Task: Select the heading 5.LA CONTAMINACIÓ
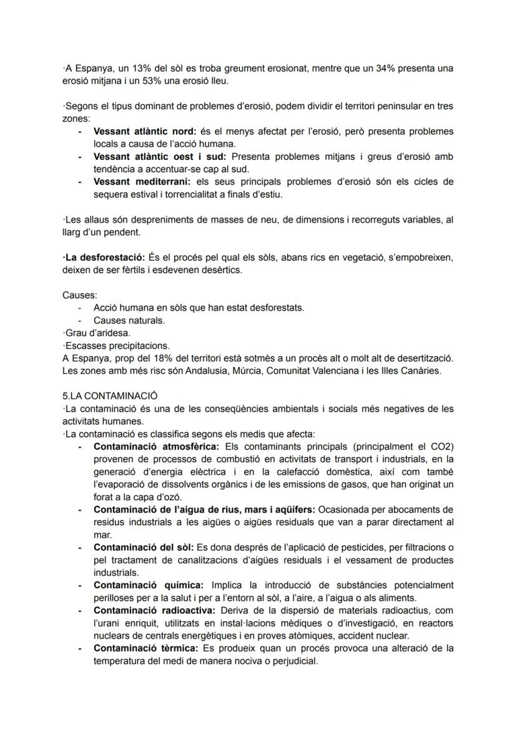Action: click(x=110, y=396)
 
